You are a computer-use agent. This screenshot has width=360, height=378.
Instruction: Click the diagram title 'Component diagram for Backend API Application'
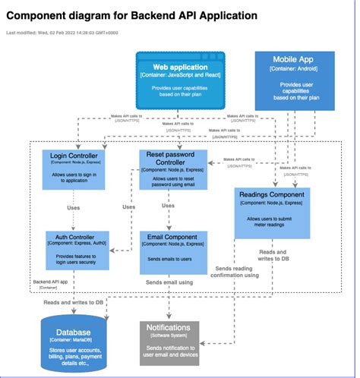click(x=131, y=15)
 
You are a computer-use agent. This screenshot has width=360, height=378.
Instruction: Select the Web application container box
click(x=180, y=80)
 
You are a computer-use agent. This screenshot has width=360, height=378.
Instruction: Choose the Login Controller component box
click(x=73, y=168)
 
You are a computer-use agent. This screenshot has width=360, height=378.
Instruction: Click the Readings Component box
click(x=272, y=212)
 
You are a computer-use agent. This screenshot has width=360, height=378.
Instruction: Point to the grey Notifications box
click(x=169, y=342)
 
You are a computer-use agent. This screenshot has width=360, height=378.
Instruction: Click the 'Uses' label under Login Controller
click(x=74, y=207)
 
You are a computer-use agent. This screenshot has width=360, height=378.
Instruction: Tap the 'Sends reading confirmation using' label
click(x=236, y=272)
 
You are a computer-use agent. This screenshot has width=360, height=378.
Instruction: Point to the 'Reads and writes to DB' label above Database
click(x=74, y=302)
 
